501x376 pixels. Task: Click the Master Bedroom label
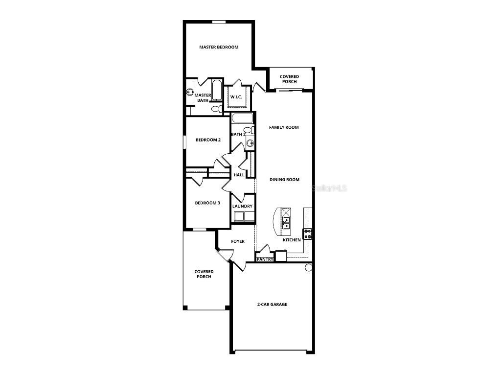tap(219, 47)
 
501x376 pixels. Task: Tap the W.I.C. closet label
tap(236, 97)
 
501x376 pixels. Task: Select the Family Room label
tap(284, 127)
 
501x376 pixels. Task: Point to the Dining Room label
tap(284, 180)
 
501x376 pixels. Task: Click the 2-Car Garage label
tap(272, 305)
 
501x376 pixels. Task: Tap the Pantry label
tap(265, 259)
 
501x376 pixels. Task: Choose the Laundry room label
tap(242, 206)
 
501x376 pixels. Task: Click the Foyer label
tap(238, 241)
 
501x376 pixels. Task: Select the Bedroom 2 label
tap(208, 140)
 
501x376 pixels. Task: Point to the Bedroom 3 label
tap(207, 203)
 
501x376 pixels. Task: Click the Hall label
tap(239, 175)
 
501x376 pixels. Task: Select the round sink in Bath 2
tap(250, 143)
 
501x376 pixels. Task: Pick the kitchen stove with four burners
tap(308, 234)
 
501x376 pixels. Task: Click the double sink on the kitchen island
tap(285, 223)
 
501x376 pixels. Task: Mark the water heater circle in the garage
tap(309, 267)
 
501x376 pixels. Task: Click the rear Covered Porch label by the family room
tap(289, 79)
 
